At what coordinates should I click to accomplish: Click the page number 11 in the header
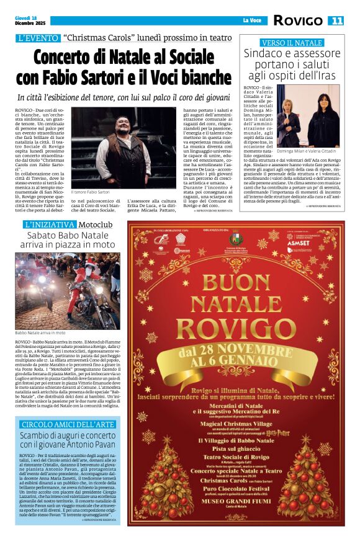click(335, 21)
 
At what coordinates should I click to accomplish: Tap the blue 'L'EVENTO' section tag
click(38, 38)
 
